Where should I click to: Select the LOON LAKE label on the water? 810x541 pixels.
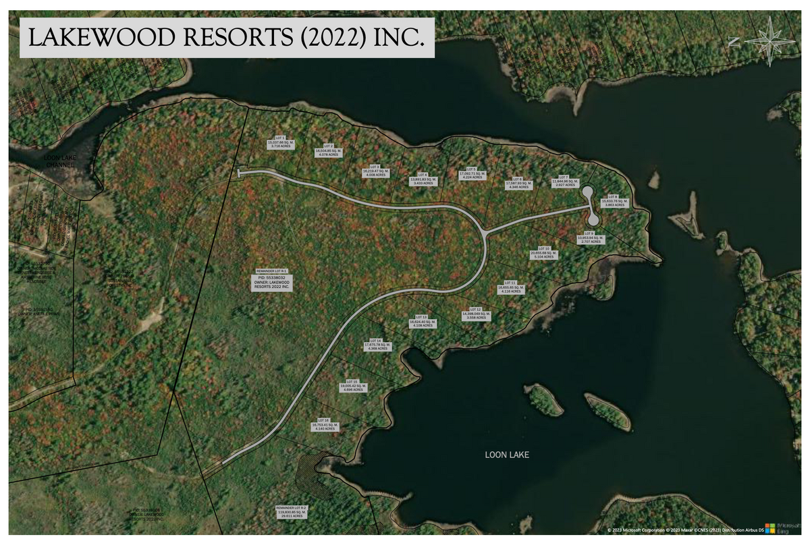point(507,455)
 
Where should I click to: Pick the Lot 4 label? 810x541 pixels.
point(423,179)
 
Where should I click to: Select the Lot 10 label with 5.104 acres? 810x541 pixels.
point(544,253)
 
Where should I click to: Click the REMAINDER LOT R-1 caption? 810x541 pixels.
point(272,270)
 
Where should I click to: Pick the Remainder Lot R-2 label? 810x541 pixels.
point(291,511)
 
